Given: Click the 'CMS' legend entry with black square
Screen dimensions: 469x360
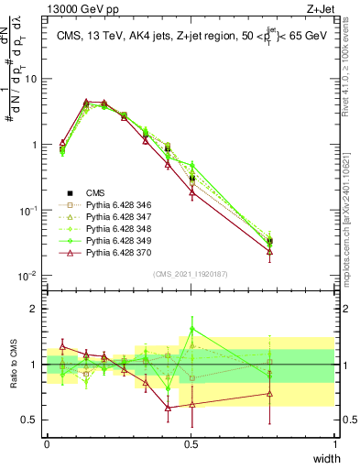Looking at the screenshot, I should (95, 193).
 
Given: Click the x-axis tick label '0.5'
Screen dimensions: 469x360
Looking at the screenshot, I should (191, 443).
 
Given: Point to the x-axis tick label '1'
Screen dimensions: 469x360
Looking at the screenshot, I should (335, 443).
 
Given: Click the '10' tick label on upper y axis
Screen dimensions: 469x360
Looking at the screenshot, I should (31, 79).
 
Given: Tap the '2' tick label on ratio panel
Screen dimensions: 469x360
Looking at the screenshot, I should (35, 309).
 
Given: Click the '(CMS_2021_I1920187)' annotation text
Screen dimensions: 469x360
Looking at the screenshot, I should (191, 274).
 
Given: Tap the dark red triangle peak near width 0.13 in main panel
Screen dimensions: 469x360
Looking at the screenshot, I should (86, 102).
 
